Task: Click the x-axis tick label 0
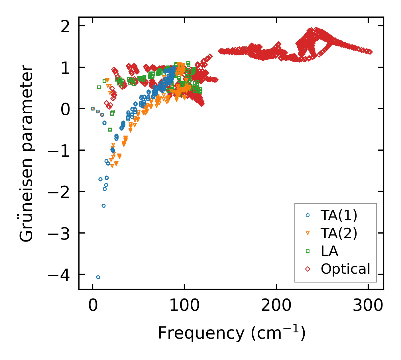[x=93, y=306]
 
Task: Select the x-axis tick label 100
[x=184, y=306]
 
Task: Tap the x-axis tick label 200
[x=276, y=306]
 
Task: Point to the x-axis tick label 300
[x=368, y=306]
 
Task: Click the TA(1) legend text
[x=339, y=216]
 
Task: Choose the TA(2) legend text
[x=339, y=233]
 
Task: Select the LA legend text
[x=329, y=251]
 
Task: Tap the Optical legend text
[x=345, y=269]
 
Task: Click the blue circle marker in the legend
[x=308, y=215]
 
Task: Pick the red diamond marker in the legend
[x=308, y=269]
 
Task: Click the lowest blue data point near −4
[x=98, y=277]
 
